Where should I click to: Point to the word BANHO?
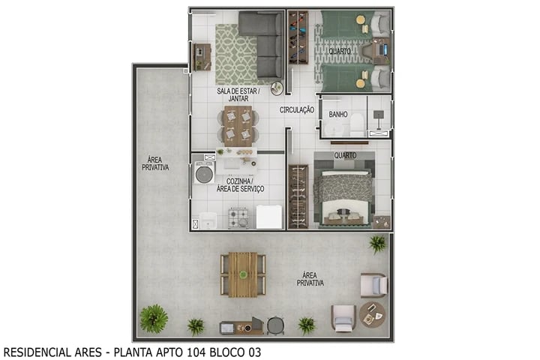[x=338, y=115]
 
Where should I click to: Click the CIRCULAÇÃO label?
[x=297, y=110]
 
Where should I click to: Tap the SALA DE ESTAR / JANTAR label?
[x=238, y=94]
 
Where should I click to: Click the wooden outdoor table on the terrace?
[x=243, y=274]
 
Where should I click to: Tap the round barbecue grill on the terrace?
[x=276, y=325]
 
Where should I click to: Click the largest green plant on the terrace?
[x=154, y=318]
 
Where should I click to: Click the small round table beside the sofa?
[x=277, y=88]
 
